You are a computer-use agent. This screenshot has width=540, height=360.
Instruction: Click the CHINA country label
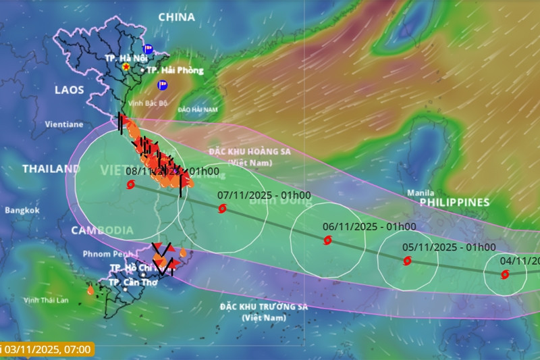click(x=176, y=17)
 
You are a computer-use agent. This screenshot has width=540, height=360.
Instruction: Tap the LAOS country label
click(x=70, y=89)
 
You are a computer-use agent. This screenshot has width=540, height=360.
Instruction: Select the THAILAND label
click(x=51, y=169)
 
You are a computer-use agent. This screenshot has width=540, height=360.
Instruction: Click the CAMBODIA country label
click(x=102, y=230)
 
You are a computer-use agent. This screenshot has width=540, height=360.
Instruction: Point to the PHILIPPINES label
click(x=454, y=202)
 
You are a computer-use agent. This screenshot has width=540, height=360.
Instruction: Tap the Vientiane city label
click(x=63, y=124)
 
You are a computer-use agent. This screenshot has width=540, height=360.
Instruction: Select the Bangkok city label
click(x=22, y=211)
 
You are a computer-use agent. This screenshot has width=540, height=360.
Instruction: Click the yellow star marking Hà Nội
click(x=126, y=67)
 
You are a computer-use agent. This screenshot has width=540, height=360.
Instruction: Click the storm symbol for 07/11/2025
click(x=223, y=209)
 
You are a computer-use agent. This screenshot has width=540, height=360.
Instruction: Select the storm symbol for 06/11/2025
click(x=327, y=240)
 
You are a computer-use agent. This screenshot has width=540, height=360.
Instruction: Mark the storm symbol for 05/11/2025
click(x=407, y=261)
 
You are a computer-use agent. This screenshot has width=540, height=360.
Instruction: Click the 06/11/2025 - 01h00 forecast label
click(x=369, y=227)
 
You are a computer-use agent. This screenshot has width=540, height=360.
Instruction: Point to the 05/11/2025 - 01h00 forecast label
click(x=449, y=247)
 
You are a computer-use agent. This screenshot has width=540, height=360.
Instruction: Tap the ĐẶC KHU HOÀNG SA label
click(x=249, y=152)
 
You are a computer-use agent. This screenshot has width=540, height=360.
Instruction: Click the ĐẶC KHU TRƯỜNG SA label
click(x=263, y=307)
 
